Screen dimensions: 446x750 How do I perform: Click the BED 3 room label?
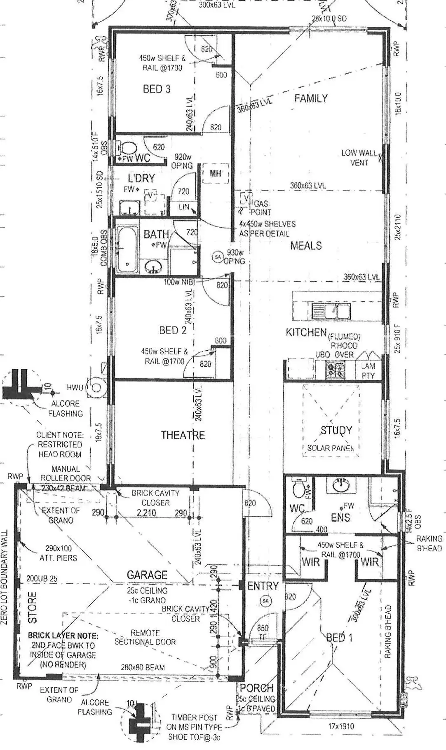point(156,89)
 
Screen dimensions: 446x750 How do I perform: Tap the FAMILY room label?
point(311,98)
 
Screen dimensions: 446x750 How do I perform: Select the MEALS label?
point(306,246)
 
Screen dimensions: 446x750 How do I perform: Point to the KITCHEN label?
point(306,332)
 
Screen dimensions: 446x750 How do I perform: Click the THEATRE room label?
point(183,435)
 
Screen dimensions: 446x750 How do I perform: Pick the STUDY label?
point(336,431)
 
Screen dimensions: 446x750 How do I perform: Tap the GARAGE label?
point(147,575)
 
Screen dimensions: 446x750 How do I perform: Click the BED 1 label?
point(339,638)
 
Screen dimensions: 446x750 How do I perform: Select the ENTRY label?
point(263,586)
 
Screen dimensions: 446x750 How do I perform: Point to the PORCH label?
point(256,688)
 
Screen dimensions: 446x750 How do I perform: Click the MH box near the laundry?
point(215,174)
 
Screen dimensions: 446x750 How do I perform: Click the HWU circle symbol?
point(96,387)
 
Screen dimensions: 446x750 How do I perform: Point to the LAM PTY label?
point(368,370)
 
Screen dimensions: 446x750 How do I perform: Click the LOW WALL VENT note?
point(359,158)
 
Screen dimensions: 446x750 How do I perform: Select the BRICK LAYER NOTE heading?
point(63,636)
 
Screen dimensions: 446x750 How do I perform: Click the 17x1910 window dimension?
point(341,727)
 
